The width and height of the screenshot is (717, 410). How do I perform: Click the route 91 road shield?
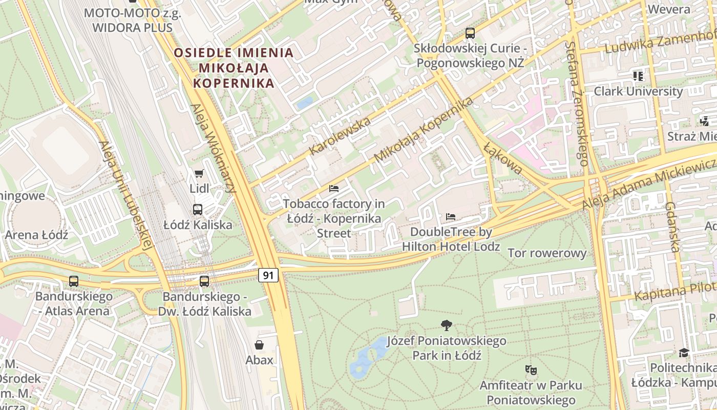[268, 275]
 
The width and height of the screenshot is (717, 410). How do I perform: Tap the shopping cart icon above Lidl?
[199, 174]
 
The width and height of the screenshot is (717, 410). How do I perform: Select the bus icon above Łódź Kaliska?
[198, 209]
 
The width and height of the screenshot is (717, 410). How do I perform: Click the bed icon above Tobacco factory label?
[334, 189]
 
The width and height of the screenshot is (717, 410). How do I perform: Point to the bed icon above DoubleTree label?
[451, 217]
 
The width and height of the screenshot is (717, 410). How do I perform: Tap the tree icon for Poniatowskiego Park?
[447, 325]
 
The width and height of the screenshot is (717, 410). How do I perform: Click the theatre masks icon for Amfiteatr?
[531, 369]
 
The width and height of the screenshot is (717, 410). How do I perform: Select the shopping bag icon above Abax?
[259, 344]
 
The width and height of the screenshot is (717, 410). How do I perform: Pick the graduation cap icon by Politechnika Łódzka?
[684, 353]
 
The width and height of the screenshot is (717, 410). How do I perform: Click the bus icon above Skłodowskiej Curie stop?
[470, 33]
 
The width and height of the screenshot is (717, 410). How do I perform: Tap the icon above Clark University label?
[638, 76]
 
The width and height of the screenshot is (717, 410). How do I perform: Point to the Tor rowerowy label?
[547, 253]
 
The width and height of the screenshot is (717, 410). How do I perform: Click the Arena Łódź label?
[36, 235]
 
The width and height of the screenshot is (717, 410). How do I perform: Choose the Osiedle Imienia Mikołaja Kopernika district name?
[234, 68]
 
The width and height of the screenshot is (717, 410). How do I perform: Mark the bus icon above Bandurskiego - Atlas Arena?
[74, 281]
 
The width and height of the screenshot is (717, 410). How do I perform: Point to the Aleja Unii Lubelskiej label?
[125, 195]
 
